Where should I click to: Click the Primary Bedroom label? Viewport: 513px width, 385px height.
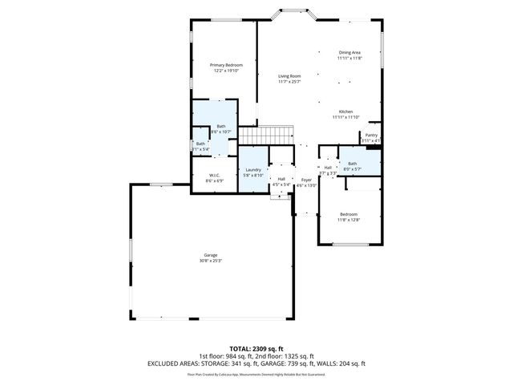click(x=226, y=65)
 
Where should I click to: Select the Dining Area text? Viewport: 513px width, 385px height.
click(x=349, y=53)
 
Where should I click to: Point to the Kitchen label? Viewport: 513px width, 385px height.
click(x=345, y=111)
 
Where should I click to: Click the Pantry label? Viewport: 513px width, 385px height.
click(x=371, y=136)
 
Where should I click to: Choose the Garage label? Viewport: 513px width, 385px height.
click(x=211, y=255)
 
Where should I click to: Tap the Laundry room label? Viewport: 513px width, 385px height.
click(x=253, y=169)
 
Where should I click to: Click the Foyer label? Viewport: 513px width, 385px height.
click(x=306, y=180)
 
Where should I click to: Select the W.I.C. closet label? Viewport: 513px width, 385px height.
click(x=215, y=176)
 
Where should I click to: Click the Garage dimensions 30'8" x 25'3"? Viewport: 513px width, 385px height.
click(x=211, y=261)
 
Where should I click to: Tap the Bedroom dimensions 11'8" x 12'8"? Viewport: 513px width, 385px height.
click(x=349, y=220)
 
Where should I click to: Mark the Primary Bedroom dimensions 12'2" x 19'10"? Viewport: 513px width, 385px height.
click(x=226, y=71)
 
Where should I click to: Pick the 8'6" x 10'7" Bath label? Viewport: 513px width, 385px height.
click(x=220, y=127)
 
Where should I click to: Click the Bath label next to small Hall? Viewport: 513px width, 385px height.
click(x=353, y=164)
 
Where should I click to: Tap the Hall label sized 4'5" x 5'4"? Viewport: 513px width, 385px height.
click(x=281, y=180)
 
